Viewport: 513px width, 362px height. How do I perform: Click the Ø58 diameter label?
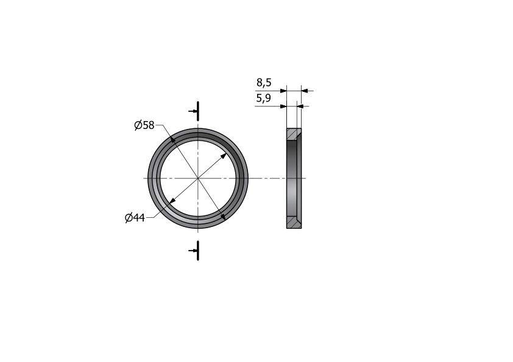tap(144, 125)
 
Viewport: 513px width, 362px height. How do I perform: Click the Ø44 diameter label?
tap(135, 218)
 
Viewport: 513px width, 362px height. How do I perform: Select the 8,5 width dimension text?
tap(264, 83)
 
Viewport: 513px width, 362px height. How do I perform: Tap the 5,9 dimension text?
tap(263, 98)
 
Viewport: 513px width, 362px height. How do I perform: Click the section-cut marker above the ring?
tap(196, 111)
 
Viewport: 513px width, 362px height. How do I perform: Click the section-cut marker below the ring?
tap(196, 251)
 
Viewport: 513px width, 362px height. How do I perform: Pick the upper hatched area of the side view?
tap(293, 134)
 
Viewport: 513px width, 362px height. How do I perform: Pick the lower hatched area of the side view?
tap(294, 222)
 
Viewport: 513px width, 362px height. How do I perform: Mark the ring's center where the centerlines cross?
tap(198, 178)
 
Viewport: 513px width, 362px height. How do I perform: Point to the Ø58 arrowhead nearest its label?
tap(173, 140)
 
